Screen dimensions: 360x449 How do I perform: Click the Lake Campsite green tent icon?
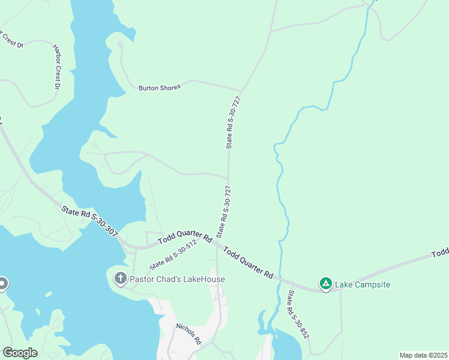tap(325, 284)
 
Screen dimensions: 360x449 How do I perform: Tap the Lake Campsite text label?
tap(363, 284)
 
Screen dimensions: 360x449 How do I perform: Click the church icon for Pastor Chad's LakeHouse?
tap(120, 278)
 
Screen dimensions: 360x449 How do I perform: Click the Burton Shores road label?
tap(159, 88)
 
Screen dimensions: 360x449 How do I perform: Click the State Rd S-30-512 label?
tap(173, 255)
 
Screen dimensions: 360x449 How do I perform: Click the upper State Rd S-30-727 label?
tap(233, 122)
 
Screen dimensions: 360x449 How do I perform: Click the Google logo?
tap(20, 353)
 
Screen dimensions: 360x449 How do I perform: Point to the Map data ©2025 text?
tap(423, 355)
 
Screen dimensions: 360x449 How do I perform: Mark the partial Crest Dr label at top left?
tap(11, 40)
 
